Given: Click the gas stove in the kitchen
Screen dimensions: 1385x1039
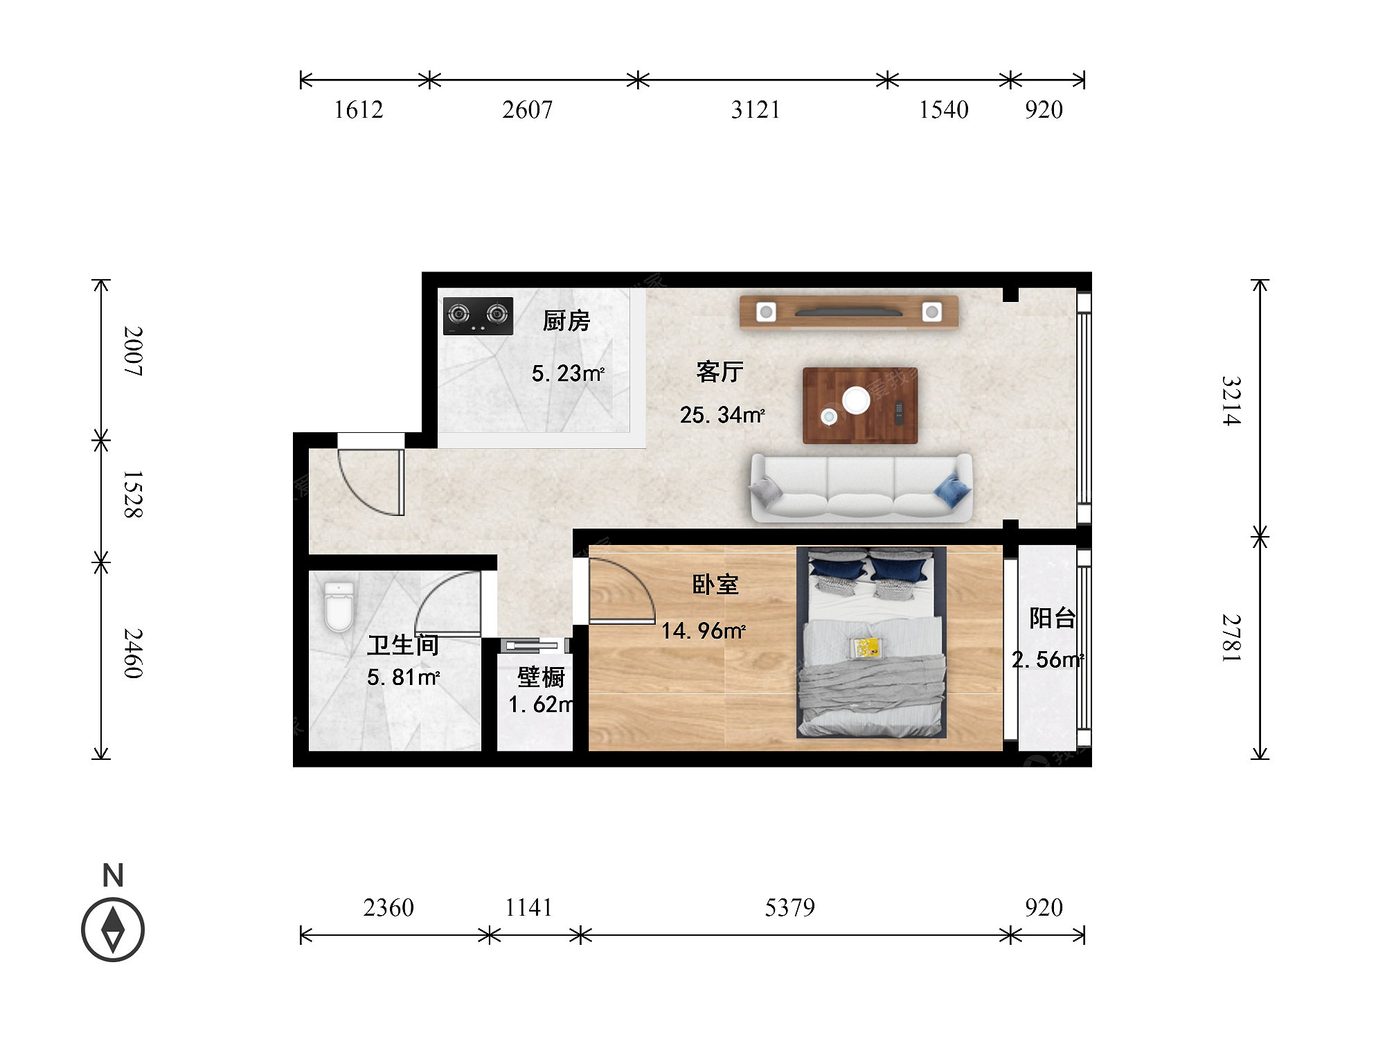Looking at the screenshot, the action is click(478, 316).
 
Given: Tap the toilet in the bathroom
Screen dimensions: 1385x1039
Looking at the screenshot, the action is click(339, 606).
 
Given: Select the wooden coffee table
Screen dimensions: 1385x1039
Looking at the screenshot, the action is click(860, 405).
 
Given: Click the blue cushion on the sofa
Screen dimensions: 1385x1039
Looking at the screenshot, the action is click(952, 490).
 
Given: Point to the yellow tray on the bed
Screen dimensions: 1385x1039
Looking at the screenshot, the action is click(866, 648).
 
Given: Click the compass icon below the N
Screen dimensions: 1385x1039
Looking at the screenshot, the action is click(113, 930).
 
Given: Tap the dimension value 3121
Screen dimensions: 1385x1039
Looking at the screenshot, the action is click(756, 109).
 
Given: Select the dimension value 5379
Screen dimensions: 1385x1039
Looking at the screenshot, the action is click(789, 907).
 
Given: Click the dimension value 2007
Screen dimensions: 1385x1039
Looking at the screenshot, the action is click(133, 351).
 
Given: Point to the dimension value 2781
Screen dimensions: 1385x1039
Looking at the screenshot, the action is click(1231, 638).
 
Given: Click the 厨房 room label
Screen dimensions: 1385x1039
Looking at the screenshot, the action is click(566, 321).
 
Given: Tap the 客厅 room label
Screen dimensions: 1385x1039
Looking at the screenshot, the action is click(720, 372).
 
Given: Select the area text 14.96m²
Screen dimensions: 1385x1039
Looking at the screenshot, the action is click(703, 631).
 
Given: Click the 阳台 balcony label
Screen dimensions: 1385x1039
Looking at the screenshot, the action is click(1052, 618).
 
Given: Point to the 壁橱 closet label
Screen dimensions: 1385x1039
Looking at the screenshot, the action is click(541, 677).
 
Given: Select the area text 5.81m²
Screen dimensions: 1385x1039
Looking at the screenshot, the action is click(404, 677).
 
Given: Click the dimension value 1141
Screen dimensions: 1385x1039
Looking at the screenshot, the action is click(528, 907).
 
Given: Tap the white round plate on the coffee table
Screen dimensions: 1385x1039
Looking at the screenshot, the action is click(856, 400).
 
